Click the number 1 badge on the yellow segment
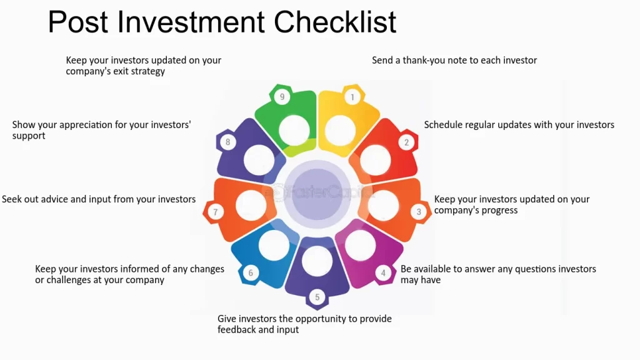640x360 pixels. pyautogui.click(x=352, y=97)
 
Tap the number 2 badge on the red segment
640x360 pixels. pyautogui.click(x=406, y=142)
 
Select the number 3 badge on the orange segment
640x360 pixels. pyautogui.click(x=418, y=212)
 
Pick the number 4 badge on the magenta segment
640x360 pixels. pyautogui.click(x=383, y=273)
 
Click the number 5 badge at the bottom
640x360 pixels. pyautogui.click(x=317, y=297)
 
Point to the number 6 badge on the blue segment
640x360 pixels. pyautogui.click(x=251, y=273)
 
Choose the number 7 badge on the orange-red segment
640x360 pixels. pyautogui.click(x=216, y=212)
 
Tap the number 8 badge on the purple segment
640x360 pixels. pyautogui.click(x=227, y=142)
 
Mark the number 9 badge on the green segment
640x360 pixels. pyautogui.click(x=282, y=97)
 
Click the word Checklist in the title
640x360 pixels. pyautogui.click(x=335, y=22)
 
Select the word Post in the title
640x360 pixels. pyautogui.click(x=78, y=22)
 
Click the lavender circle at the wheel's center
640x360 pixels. pyautogui.click(x=317, y=194)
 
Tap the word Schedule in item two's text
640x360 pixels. pyautogui.click(x=443, y=125)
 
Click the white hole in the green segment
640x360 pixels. pyautogui.click(x=294, y=131)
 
